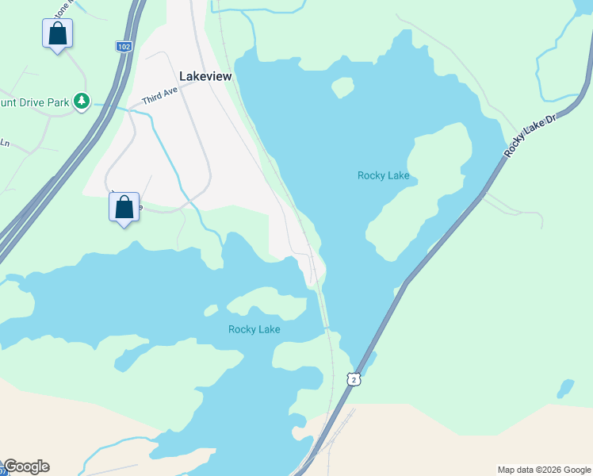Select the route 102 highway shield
pyautogui.click(x=123, y=47)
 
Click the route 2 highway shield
pyautogui.click(x=354, y=380)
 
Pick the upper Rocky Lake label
pyautogui.click(x=383, y=175)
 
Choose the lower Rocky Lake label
pyautogui.click(x=254, y=329)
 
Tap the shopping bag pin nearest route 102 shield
pyautogui.click(x=57, y=33)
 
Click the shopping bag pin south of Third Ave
pyautogui.click(x=124, y=207)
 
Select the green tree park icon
pyautogui.click(x=81, y=101)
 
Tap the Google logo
pyautogui.click(x=26, y=466)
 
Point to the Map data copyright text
pyautogui.click(x=543, y=470)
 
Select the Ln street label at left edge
pyautogui.click(x=4, y=144)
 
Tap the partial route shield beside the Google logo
pyautogui.click(x=2, y=471)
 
